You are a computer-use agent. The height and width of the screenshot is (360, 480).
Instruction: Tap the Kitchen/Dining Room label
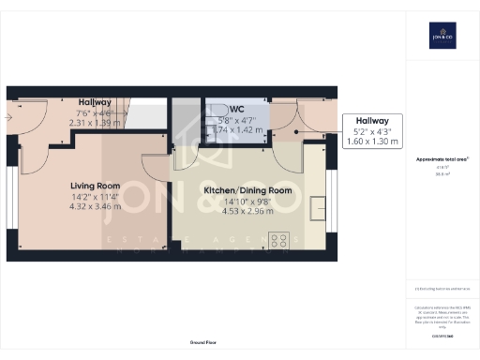pos(248,190)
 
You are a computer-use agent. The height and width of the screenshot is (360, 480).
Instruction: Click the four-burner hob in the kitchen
pos(278,239)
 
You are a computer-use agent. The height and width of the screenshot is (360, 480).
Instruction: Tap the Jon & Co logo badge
pos(442,37)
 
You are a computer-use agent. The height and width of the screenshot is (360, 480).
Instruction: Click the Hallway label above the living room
pos(95,102)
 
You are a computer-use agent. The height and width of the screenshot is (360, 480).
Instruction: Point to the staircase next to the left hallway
pos(145,114)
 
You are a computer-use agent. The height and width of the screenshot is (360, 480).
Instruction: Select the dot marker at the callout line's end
pos(296,131)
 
